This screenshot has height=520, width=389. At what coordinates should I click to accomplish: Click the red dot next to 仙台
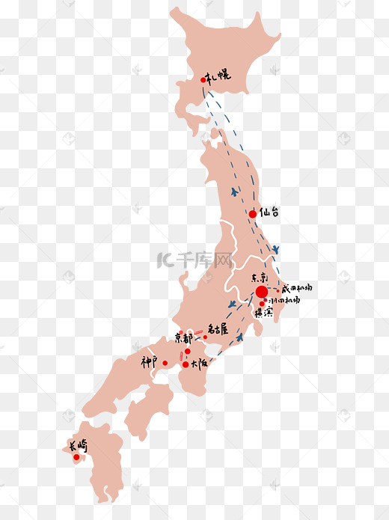point(252,214)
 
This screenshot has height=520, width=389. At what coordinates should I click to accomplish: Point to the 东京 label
point(259,277)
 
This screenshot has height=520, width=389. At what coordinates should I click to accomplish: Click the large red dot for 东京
point(260,292)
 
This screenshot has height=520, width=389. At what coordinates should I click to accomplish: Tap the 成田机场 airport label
point(297,287)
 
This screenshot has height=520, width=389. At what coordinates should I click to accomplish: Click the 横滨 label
point(263,313)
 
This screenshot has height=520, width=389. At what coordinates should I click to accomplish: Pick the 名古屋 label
point(218,328)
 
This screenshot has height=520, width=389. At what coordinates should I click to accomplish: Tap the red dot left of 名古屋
point(205,337)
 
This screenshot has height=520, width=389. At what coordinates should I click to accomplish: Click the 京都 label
point(183,337)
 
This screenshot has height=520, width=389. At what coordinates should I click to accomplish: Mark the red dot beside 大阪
point(186,364)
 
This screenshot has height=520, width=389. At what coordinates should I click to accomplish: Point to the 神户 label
point(150,361)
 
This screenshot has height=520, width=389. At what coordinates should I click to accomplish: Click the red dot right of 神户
point(165,363)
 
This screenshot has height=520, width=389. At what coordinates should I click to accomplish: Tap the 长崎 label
point(78,447)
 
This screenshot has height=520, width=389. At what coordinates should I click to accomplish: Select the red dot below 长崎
point(76,457)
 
